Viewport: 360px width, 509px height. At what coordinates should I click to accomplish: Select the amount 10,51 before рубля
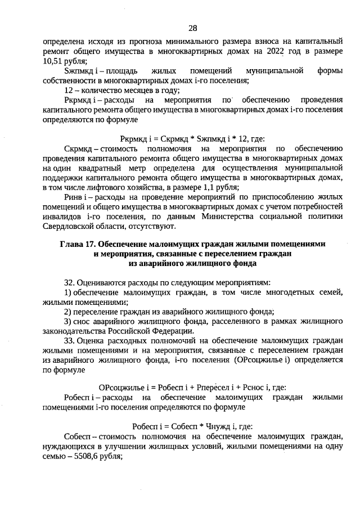click(54, 62)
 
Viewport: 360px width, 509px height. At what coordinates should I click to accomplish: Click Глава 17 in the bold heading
click(78, 245)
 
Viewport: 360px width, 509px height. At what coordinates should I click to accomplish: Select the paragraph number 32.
click(70, 282)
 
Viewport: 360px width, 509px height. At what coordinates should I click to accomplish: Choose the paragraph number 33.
click(70, 341)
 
